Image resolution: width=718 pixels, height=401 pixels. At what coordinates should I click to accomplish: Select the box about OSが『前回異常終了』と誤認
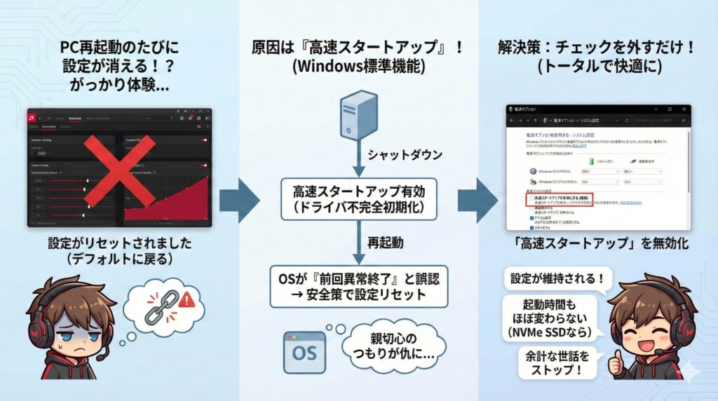coord(358,287)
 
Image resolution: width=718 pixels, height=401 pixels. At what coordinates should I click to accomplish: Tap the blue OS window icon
coord(302,351)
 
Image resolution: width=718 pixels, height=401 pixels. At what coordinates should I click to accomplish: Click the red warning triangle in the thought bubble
coord(187,301)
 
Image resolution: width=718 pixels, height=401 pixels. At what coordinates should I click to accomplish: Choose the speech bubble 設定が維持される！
coord(553,278)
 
